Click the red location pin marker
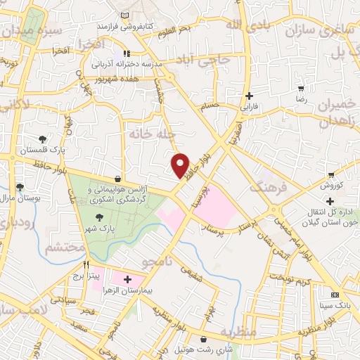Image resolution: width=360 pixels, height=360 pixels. coord(181,165)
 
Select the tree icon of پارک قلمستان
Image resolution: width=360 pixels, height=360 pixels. coord(44,138)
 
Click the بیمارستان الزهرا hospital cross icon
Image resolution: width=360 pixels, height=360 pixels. coord(127,279)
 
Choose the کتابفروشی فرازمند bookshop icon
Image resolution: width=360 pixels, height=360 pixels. coord(124,15)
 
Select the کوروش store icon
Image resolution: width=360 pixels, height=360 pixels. coord(331,175)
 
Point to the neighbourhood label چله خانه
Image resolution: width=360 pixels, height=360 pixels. coord(147,132)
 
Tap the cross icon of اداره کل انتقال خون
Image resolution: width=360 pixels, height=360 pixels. coord(330,202)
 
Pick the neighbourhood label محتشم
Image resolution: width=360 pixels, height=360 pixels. coord(64,247)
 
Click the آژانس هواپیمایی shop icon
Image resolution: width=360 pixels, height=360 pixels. coord(117,179)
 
